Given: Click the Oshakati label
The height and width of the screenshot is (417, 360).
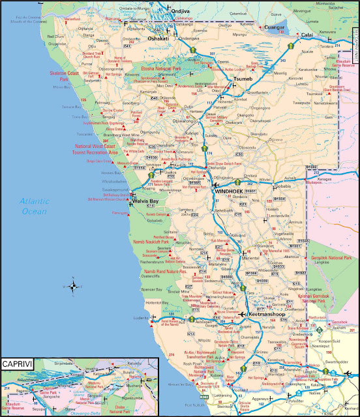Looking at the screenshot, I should [158, 38].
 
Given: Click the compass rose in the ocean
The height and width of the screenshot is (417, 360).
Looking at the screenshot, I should [73, 285].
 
